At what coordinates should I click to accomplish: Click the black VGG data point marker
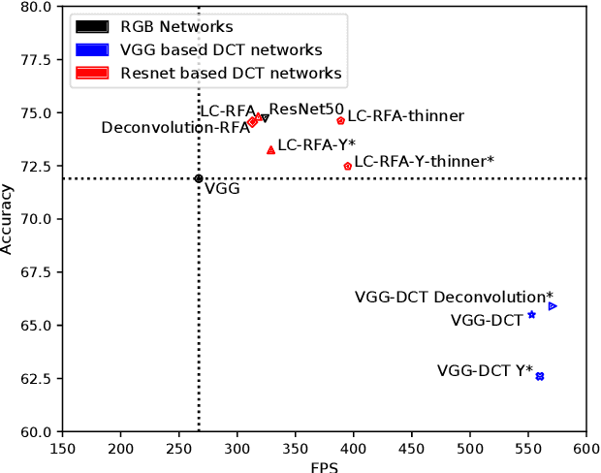pyautogui.click(x=199, y=178)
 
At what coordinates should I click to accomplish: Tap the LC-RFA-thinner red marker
pyautogui.click(x=340, y=120)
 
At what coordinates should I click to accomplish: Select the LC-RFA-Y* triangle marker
pyautogui.click(x=270, y=150)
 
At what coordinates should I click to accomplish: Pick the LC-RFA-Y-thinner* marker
pyautogui.click(x=348, y=166)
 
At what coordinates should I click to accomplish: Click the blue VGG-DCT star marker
pyautogui.click(x=531, y=315)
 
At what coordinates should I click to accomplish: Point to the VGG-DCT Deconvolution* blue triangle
pyautogui.click(x=553, y=306)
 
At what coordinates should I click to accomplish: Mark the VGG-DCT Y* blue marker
pyautogui.click(x=540, y=376)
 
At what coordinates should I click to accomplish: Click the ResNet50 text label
pyautogui.click(x=306, y=110)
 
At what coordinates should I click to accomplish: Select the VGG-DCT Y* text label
pyautogui.click(x=485, y=369)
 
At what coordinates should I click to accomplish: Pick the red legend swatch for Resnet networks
pyautogui.click(x=92, y=73)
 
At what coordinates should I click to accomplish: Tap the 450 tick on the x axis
pyautogui.click(x=412, y=449)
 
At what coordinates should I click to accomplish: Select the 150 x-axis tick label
pyautogui.click(x=63, y=449)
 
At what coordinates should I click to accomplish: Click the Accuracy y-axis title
pyautogui.click(x=8, y=219)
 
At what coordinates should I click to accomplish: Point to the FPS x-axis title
pyautogui.click(x=324, y=466)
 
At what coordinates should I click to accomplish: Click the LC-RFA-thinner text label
pyautogui.click(x=405, y=116)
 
